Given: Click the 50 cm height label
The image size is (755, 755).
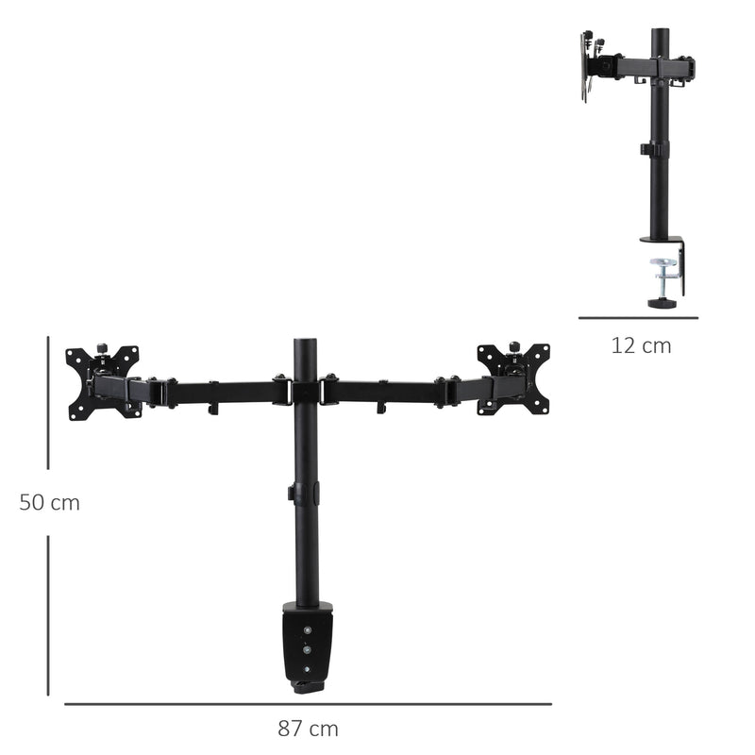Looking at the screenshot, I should click(49, 503).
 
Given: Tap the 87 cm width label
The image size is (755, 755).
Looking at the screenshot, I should click(308, 729).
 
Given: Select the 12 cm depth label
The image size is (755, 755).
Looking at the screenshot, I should click(641, 345).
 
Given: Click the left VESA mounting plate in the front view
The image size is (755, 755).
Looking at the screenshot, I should click(103, 381).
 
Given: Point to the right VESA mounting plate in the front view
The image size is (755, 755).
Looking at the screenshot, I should click(513, 378).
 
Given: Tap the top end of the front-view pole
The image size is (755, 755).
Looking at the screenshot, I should click(306, 344).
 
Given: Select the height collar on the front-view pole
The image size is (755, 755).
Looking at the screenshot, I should click(304, 493).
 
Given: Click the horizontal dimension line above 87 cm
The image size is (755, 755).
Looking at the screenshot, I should click(308, 703).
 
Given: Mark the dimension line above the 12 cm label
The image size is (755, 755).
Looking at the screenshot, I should click(638, 318).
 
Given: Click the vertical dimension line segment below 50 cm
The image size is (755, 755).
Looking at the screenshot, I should click(48, 613).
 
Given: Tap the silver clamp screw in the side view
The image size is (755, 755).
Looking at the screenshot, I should click(665, 275).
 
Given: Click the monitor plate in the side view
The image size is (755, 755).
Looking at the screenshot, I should click(585, 66).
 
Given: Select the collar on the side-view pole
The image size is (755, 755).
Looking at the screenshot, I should click(656, 148).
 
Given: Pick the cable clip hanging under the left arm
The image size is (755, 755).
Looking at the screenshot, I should click(214, 407).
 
